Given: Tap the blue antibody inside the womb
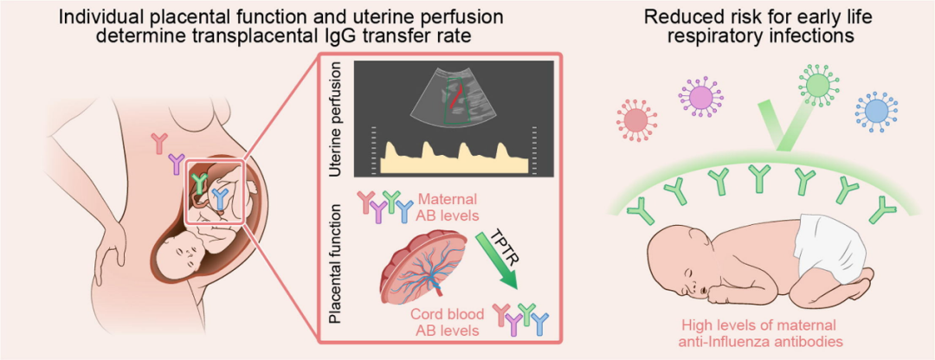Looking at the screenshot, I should click(x=222, y=200).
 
